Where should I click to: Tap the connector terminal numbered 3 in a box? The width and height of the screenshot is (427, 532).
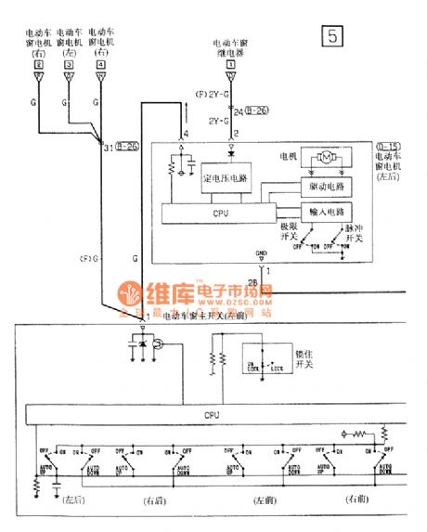[x=69, y=66]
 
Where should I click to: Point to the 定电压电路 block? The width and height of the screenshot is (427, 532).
[x=222, y=176]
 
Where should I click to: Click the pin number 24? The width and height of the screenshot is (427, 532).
[x=239, y=112]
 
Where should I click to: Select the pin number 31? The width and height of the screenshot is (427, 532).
[x=108, y=147]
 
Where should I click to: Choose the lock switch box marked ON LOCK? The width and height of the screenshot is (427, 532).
[x=265, y=367]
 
